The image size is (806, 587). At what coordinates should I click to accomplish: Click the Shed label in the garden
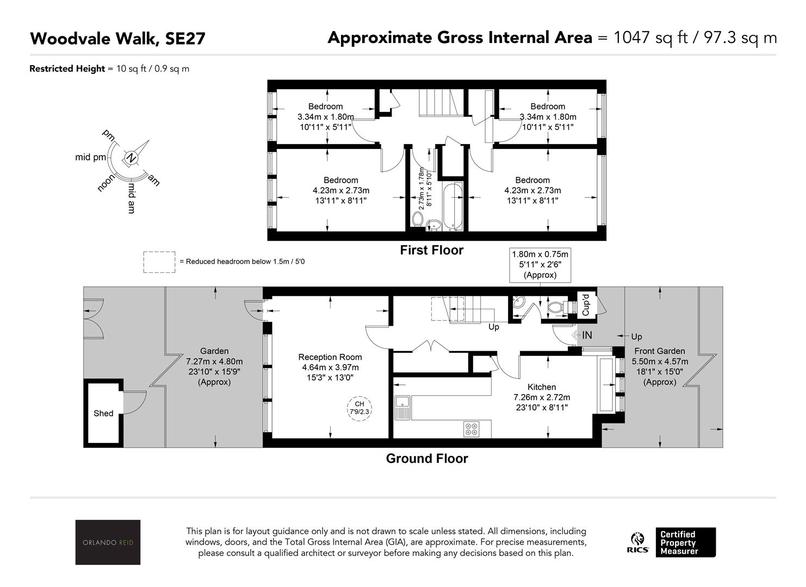pos(103,413)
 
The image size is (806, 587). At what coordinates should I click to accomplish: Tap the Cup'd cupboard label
pos(585,305)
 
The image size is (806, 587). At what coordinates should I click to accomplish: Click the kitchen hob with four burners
pos(472,429)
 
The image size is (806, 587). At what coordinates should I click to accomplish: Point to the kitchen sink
pos(402,408)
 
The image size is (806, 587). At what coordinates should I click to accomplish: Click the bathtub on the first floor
pos(452,206)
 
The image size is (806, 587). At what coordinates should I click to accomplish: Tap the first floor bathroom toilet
pos(417,220)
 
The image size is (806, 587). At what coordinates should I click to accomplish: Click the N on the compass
pos(131,158)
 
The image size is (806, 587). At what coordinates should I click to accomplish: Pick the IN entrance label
pos(587,335)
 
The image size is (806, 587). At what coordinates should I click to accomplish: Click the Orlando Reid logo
pos(108,542)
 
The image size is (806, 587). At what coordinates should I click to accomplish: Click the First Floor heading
pos(431,250)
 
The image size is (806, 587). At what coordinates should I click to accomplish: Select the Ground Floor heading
pos(427,458)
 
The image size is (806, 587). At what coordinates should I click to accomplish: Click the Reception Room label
pos(330,357)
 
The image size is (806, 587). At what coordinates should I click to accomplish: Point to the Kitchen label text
pos(542,387)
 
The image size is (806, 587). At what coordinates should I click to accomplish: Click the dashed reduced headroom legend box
pos(159,262)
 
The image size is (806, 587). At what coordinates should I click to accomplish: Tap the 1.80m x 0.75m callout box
pos(540,265)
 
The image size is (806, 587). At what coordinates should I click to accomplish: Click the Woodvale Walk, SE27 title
pos(117,39)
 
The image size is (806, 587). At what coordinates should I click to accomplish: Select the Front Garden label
pos(660,351)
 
